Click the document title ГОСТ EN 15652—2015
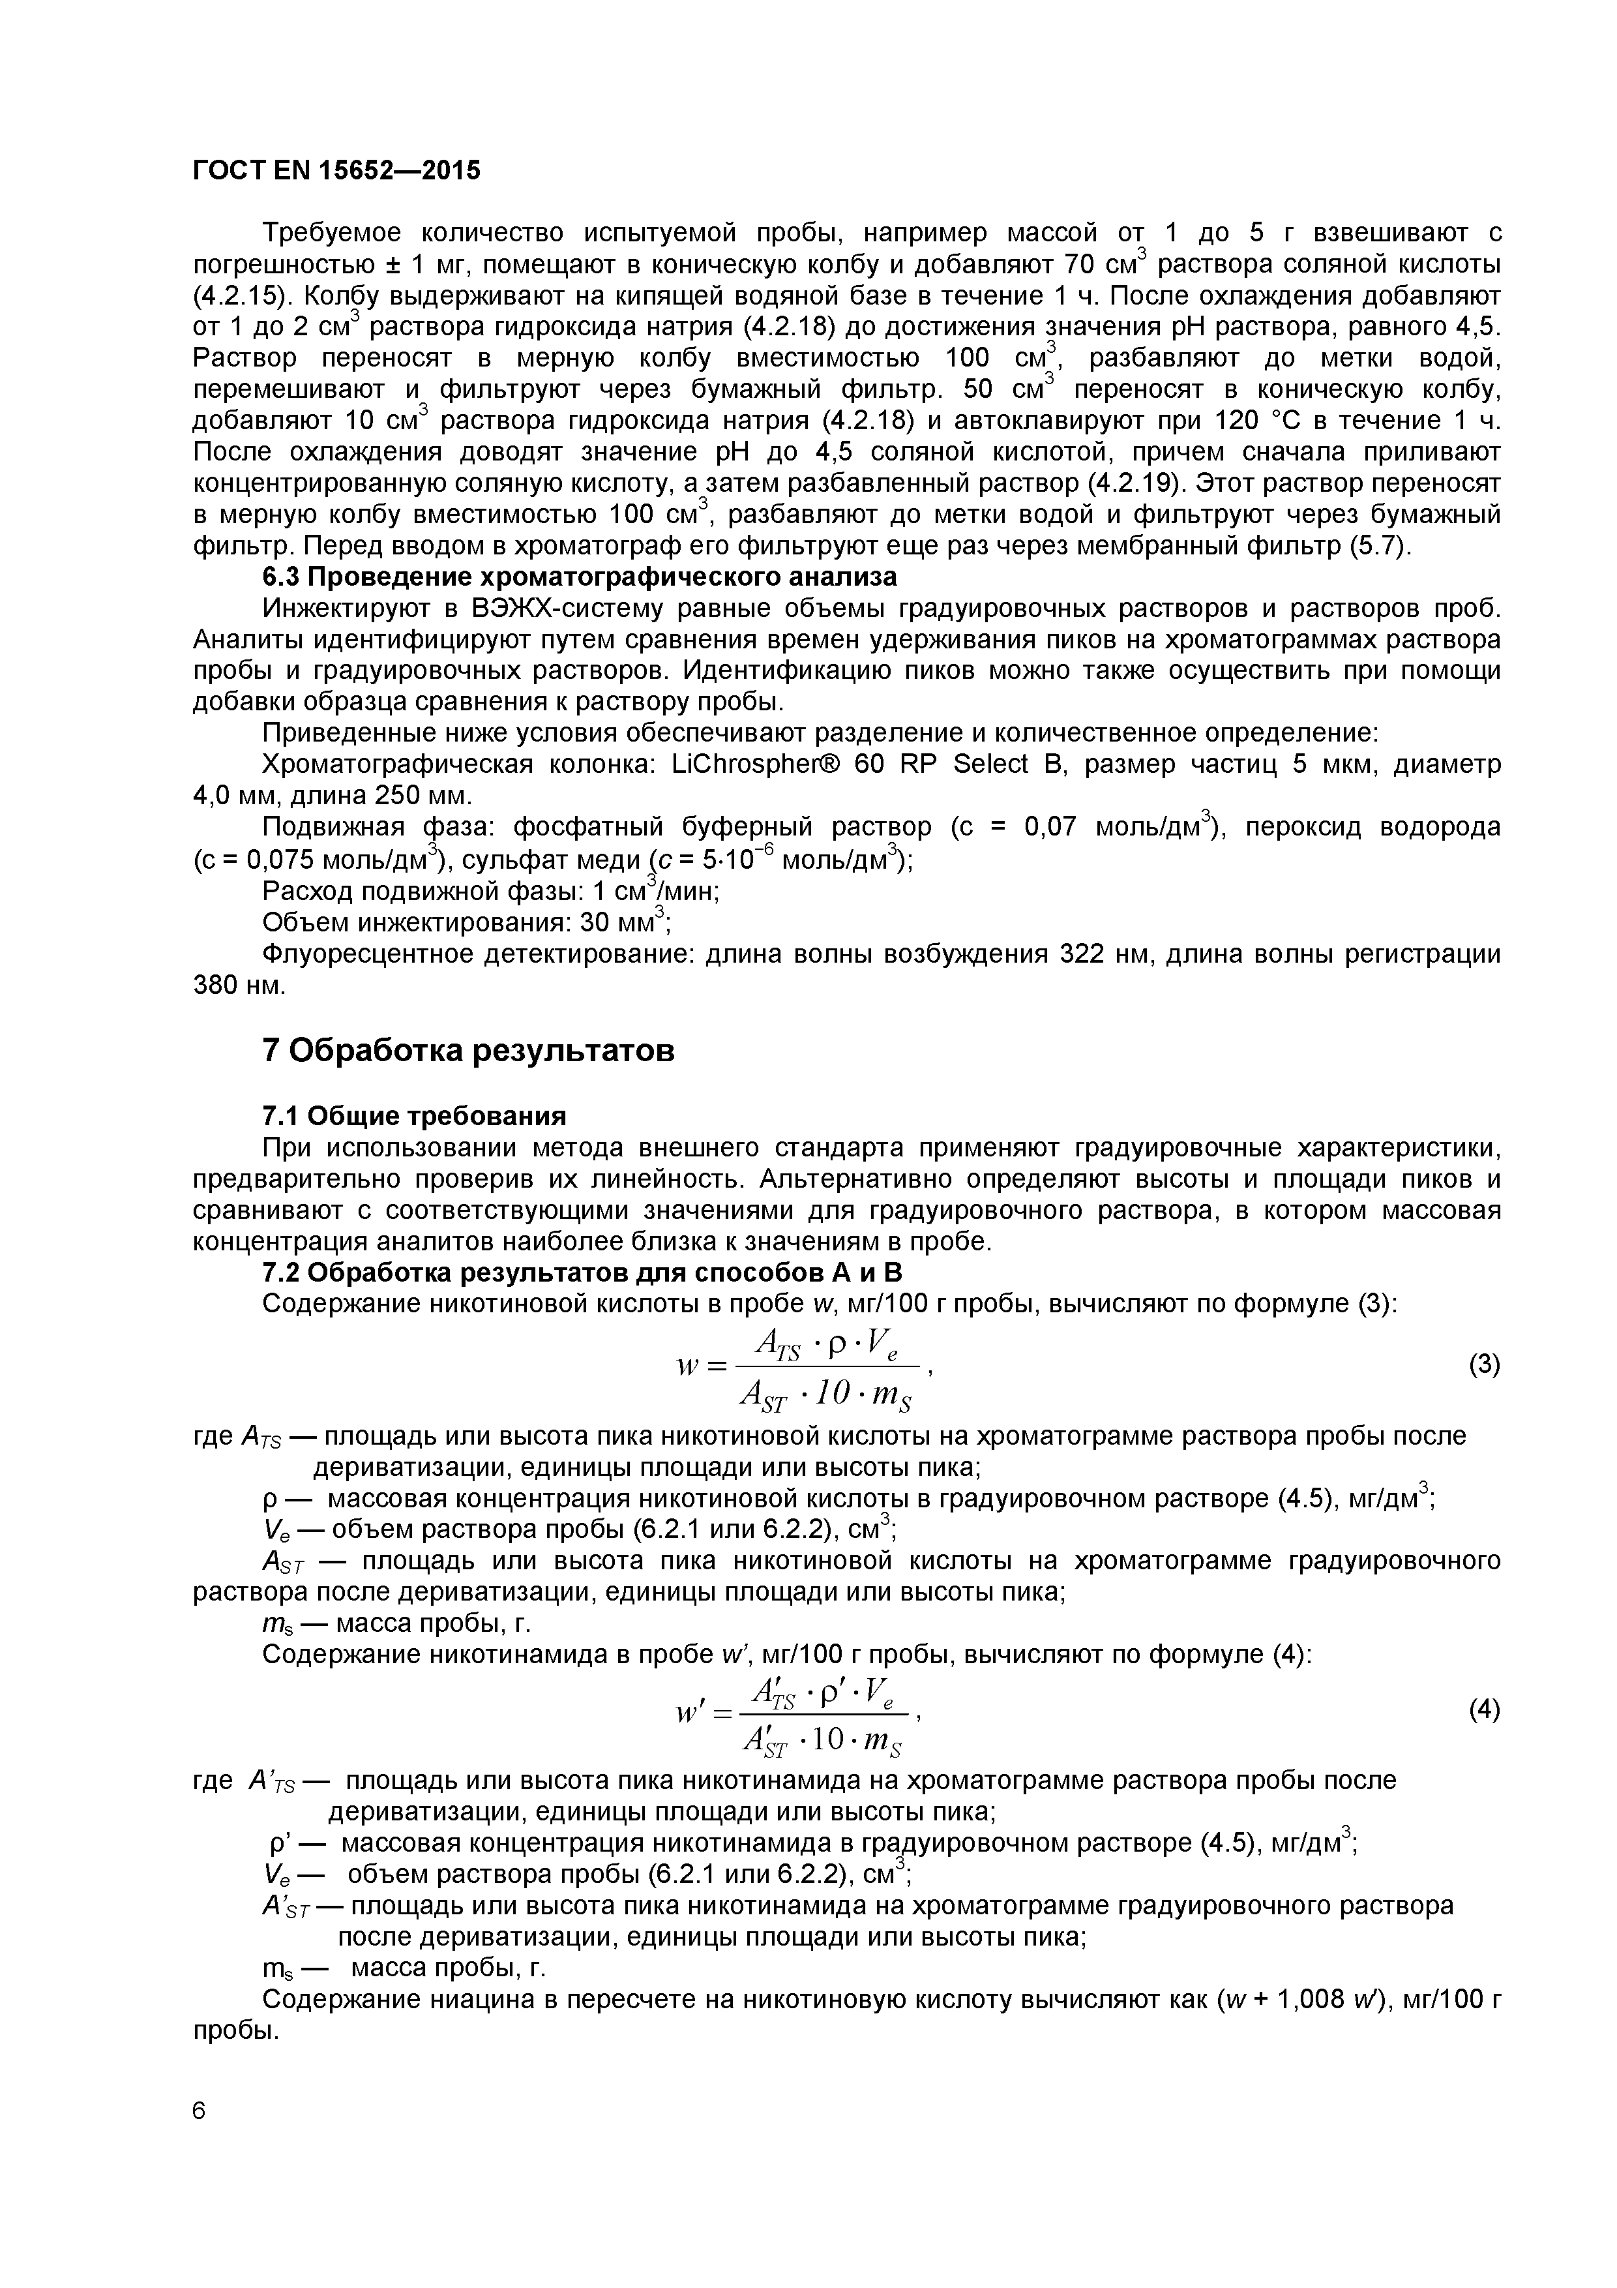pos(336,170)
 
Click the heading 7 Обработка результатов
pos(468,1050)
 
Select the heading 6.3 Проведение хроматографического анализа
pos(579,577)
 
